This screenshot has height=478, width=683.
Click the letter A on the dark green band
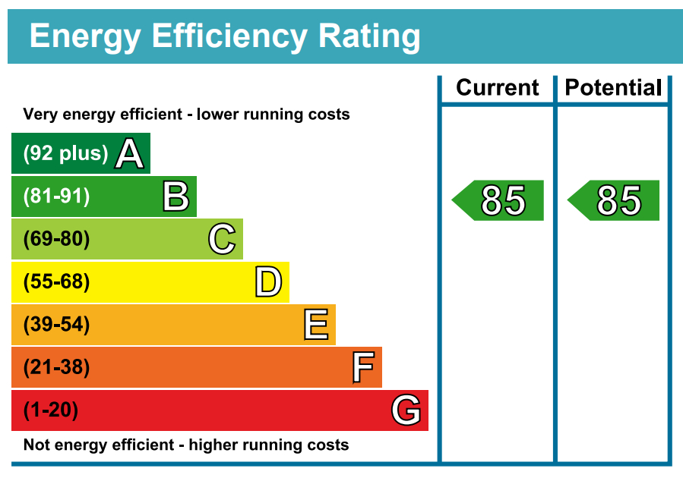click(129, 154)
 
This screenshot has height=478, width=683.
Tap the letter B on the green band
click(175, 197)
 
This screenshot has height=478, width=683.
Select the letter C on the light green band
click(222, 240)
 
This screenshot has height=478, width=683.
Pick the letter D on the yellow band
click(268, 282)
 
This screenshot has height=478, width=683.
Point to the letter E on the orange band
click(316, 325)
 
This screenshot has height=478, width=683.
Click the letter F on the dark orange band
click(363, 368)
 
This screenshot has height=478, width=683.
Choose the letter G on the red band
click(406, 410)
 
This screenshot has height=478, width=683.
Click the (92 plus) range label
click(66, 154)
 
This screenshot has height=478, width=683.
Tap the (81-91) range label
click(56, 197)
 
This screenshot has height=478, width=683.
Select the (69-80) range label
click(56, 240)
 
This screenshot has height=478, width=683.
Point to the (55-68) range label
click(56, 282)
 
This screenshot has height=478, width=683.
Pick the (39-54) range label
click(56, 325)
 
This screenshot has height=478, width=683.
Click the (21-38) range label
click(56, 368)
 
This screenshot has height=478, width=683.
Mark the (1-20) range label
click(51, 410)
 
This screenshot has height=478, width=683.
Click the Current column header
click(498, 88)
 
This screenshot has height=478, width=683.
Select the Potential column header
click(613, 88)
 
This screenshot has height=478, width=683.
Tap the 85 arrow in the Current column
click(501, 200)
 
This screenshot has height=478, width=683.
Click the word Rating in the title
click(369, 36)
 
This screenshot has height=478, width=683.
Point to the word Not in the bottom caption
click(36, 445)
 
